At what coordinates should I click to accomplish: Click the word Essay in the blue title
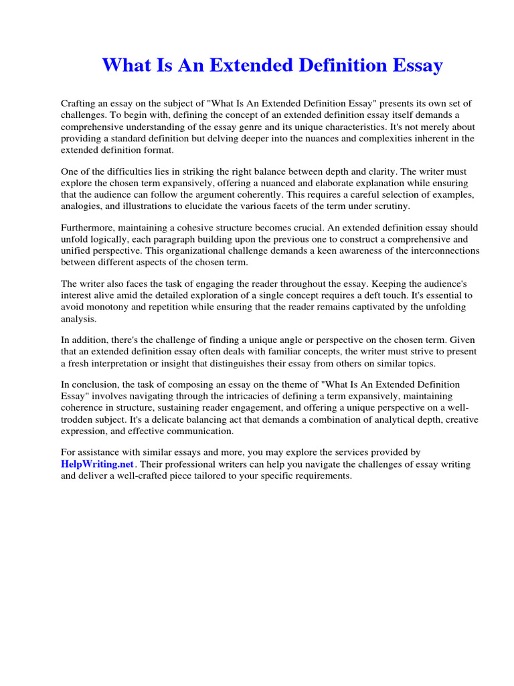(x=415, y=66)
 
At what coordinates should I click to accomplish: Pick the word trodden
(x=78, y=419)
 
